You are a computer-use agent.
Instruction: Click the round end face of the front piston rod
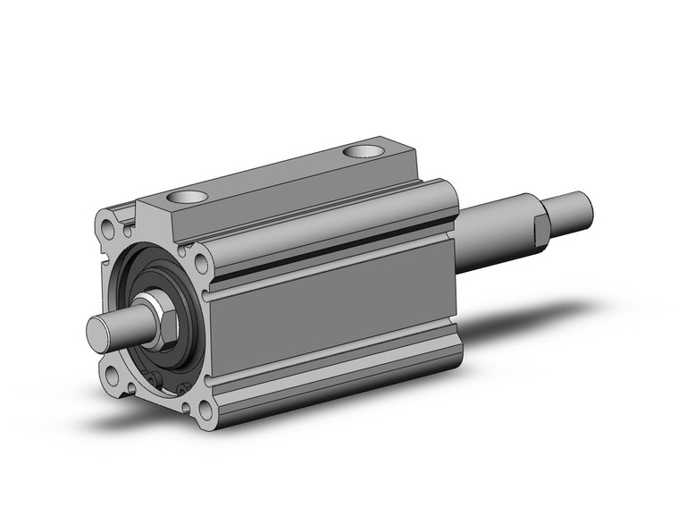(x=99, y=332)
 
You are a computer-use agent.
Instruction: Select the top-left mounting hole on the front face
(x=109, y=221)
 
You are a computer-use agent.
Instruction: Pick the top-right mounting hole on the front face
(x=201, y=263)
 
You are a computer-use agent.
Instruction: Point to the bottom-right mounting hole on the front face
(x=205, y=411)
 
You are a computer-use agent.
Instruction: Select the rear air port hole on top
(x=361, y=151)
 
